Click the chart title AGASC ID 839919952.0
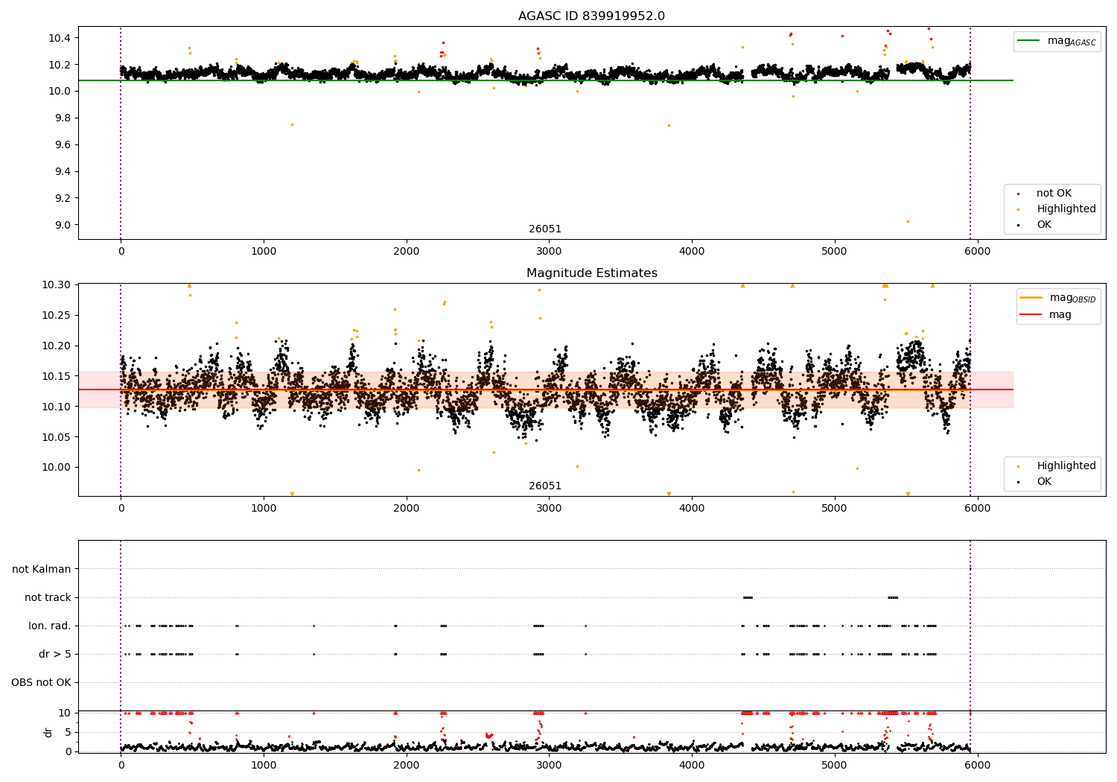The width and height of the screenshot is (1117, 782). click(x=591, y=16)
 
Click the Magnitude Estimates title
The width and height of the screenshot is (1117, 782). click(x=591, y=273)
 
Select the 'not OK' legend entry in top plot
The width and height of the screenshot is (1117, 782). click(x=1054, y=194)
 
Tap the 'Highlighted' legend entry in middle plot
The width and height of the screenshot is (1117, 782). click(x=1066, y=466)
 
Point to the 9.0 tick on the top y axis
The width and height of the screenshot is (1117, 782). click(x=60, y=225)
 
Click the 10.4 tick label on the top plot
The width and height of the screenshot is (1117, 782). click(x=59, y=38)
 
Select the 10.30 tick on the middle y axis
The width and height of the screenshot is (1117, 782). click(x=56, y=285)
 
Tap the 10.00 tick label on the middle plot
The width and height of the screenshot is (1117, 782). click(x=56, y=468)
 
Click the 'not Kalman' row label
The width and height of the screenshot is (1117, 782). click(x=42, y=569)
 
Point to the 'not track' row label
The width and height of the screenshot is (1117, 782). click(x=48, y=597)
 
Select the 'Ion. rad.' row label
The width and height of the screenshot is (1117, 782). click(x=50, y=626)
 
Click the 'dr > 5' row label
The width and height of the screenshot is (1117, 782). click(x=55, y=654)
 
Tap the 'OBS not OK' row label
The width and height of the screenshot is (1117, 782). click(x=41, y=682)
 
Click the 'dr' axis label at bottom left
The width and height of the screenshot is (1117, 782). click(x=48, y=732)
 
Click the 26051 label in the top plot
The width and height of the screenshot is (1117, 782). click(x=545, y=229)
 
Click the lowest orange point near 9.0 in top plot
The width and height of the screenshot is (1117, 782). click(x=908, y=221)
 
